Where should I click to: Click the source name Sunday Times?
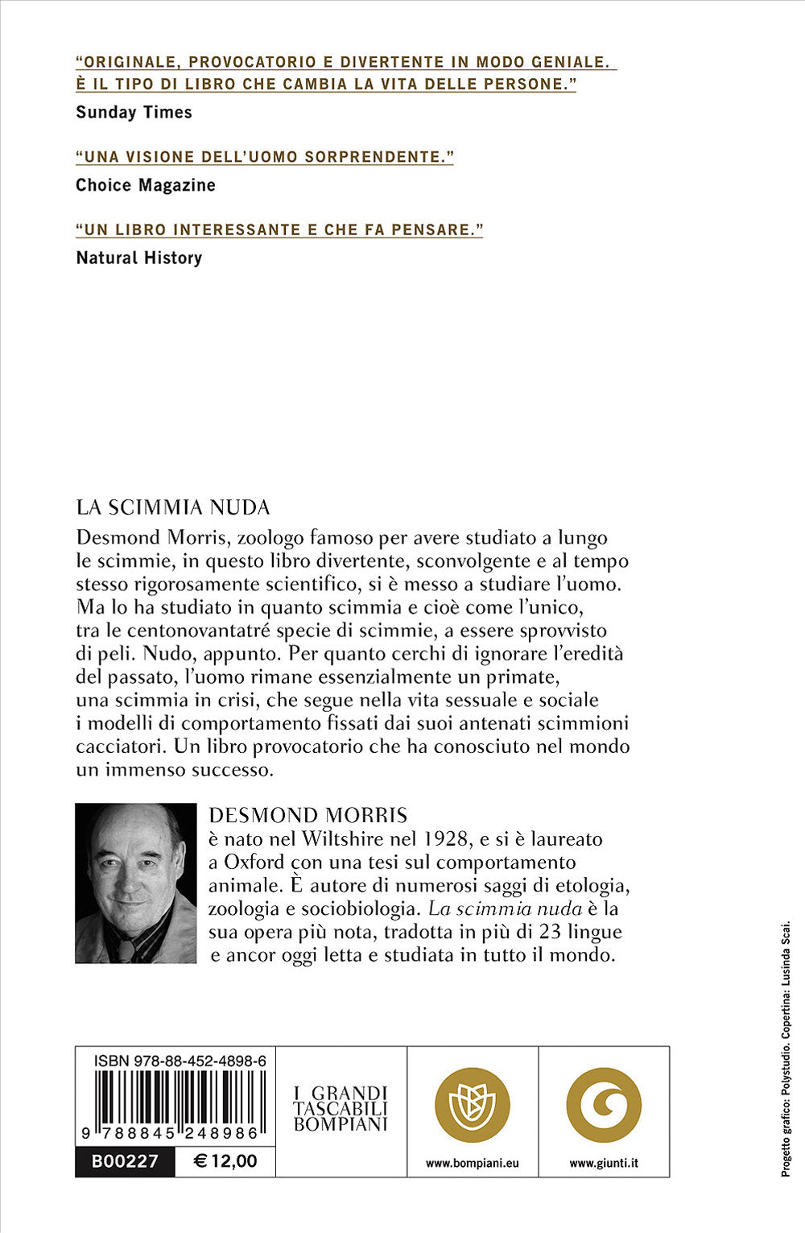(x=134, y=112)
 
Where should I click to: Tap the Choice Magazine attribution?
(x=146, y=185)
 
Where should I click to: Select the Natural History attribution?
(x=138, y=258)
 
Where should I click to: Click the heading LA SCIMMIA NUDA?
(x=172, y=507)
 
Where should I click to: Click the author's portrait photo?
(x=135, y=883)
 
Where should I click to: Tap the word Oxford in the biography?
(x=254, y=862)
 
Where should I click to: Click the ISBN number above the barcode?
(x=180, y=1061)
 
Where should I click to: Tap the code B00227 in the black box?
(x=125, y=1161)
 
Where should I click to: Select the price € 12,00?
(x=226, y=1161)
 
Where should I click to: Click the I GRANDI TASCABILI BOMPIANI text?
(x=341, y=1108)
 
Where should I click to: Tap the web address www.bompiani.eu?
(x=472, y=1163)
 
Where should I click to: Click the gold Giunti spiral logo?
(x=604, y=1105)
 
